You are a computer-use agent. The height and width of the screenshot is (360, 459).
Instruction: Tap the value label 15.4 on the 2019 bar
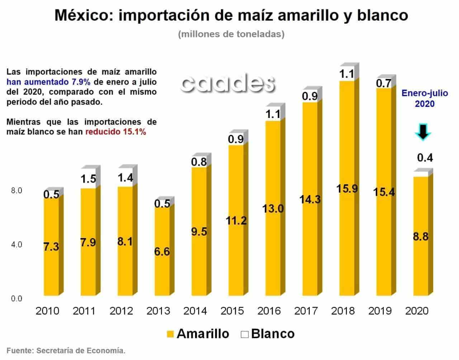click(384, 192)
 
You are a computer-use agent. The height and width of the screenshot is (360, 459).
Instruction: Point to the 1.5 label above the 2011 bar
click(88, 179)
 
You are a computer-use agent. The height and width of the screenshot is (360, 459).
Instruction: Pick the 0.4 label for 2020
click(425, 157)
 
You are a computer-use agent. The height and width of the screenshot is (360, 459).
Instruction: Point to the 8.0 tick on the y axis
click(16, 190)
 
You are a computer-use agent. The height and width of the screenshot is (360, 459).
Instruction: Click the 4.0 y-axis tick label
click(16, 245)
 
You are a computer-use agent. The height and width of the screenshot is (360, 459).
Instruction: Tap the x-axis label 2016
click(269, 311)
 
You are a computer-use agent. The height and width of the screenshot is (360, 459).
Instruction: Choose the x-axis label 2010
click(47, 311)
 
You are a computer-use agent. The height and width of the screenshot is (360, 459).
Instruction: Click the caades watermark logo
click(228, 83)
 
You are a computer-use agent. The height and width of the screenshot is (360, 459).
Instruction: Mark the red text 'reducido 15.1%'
click(115, 132)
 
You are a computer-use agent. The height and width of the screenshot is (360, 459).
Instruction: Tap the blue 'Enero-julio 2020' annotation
click(425, 98)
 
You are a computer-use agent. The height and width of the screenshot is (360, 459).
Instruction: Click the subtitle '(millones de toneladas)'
click(231, 34)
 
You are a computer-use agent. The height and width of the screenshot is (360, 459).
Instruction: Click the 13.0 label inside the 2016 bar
click(273, 208)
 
